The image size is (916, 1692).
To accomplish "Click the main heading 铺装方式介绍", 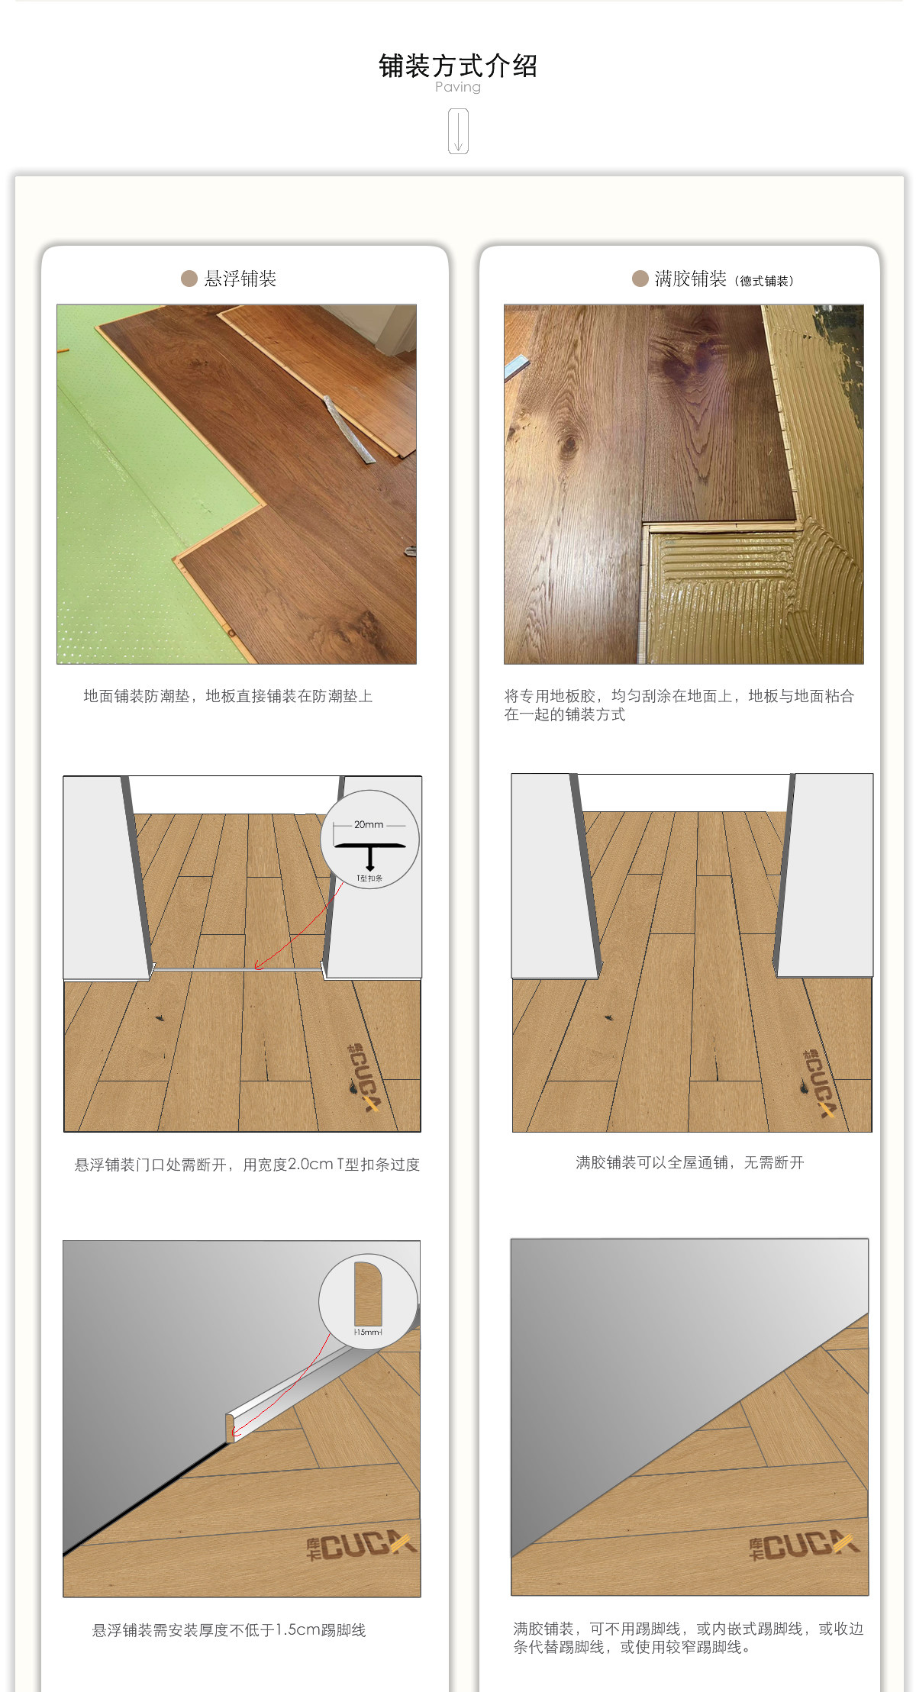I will [x=458, y=66].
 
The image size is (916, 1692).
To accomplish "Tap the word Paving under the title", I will [x=458, y=87].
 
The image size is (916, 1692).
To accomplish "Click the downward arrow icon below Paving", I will [x=458, y=131].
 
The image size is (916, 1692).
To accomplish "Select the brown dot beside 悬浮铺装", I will [x=189, y=279].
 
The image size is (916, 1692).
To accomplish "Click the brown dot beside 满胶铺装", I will [x=640, y=279].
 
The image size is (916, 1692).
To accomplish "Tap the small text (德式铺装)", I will [x=764, y=281].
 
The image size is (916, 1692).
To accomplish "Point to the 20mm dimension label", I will [x=369, y=824].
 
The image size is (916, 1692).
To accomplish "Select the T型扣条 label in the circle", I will [x=370, y=878].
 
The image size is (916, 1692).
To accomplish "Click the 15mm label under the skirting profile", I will [x=368, y=1332].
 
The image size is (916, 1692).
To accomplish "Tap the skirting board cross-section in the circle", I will [x=368, y=1294].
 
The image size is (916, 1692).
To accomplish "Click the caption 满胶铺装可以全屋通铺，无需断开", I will [x=690, y=1162].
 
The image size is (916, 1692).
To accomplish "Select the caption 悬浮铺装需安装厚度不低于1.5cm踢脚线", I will [x=229, y=1630].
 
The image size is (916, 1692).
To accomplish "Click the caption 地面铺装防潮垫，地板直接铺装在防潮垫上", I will [x=228, y=696].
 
